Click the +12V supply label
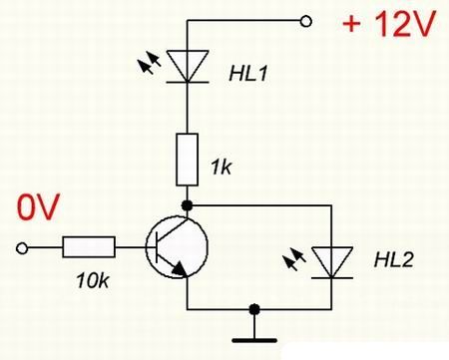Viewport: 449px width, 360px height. (388, 24)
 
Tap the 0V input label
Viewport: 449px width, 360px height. (38, 206)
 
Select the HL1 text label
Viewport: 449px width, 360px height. (247, 74)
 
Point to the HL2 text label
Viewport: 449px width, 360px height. (393, 260)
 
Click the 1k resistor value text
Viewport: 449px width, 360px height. (221, 168)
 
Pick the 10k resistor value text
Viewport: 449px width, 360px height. (93, 281)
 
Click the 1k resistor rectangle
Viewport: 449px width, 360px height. (188, 160)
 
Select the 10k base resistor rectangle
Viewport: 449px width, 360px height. (89, 246)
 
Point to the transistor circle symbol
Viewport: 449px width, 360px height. (146, 246)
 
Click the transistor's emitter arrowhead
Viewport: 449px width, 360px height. (180, 269)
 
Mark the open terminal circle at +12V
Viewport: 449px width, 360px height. (305, 21)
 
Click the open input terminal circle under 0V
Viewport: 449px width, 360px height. (22, 248)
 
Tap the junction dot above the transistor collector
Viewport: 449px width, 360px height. (188, 205)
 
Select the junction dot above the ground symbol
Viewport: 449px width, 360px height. (254, 309)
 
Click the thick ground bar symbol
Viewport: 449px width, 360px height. (254, 340)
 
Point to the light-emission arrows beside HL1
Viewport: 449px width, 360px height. (150, 63)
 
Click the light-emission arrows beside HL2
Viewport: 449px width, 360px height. (294, 259)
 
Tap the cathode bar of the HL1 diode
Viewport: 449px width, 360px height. (188, 82)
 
